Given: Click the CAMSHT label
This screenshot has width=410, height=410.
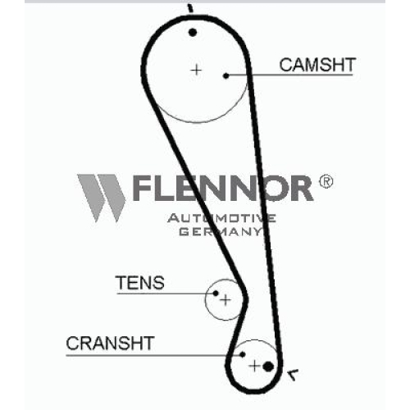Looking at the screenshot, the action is point(317,65).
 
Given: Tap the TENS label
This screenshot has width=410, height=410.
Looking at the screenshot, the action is point(140,283).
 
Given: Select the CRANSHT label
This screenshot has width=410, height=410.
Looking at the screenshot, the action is point(110,344).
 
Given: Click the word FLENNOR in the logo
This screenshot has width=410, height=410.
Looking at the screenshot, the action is point(222,189).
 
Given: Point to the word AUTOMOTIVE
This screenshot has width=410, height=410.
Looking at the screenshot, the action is point(221,218).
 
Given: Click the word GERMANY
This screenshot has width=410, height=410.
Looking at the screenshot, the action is point(221,231).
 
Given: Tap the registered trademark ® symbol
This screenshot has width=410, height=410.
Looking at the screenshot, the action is point(326,181).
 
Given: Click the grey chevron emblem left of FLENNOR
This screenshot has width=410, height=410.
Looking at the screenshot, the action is point(101,198).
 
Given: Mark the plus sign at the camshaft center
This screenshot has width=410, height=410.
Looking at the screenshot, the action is point(196,71).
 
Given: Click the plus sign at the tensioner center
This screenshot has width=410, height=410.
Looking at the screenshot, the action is point(225,300).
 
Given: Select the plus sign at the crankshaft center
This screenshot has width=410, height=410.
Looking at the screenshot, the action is point(255,366).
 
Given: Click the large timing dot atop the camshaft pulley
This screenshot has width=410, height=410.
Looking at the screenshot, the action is point(193,33).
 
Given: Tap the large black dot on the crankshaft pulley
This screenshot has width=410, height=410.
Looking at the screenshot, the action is point(268,367).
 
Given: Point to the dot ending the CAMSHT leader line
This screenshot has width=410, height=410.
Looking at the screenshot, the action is point(226,75).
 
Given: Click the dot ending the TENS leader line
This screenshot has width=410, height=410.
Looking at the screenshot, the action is point(216,294).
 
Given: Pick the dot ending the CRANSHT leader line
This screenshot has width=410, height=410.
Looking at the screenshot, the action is point(243,354).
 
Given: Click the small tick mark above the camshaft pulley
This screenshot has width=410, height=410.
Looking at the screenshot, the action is point(190,8).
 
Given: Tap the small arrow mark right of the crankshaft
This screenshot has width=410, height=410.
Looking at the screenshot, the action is point(293,375).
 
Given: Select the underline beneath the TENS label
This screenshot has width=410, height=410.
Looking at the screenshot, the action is point(165,294).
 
